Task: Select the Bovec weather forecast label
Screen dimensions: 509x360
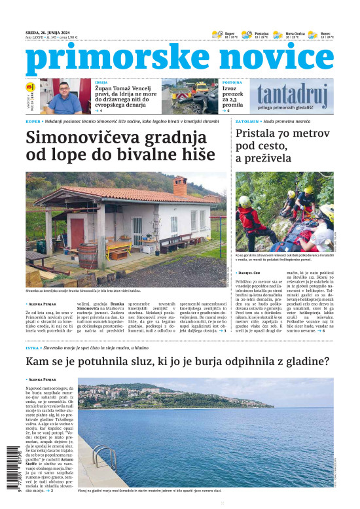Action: tap(325, 33)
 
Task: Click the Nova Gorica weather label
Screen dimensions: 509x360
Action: tap(295, 33)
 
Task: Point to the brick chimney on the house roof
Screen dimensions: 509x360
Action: tap(179, 187)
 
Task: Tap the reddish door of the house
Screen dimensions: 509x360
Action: tap(78, 233)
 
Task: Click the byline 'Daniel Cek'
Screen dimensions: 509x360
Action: tap(251, 272)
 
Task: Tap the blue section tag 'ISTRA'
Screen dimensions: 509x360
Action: tap(33, 349)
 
